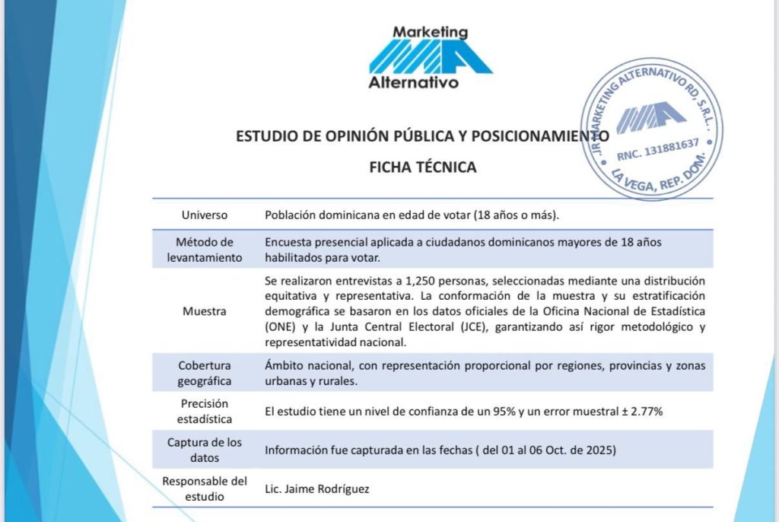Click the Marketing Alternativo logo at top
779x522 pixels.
[430, 57]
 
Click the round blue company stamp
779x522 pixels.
[651, 129]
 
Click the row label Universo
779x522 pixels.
[204, 215]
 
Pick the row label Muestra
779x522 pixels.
[204, 311]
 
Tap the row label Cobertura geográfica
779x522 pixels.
[204, 373]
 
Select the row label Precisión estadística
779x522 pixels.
[204, 411]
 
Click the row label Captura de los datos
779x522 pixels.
[204, 450]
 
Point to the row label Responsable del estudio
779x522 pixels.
[204, 489]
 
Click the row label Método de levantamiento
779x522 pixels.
[204, 250]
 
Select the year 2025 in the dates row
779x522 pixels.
[599, 450]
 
